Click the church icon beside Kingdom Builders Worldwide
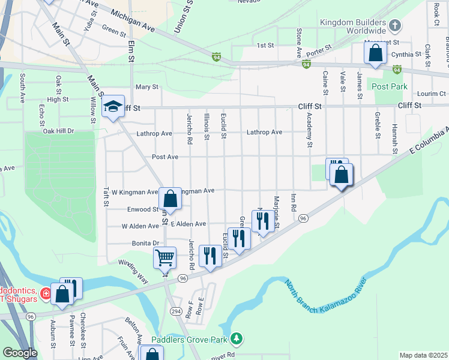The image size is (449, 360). pyautogui.click(x=394, y=26)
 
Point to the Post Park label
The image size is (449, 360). pyautogui.click(x=390, y=86)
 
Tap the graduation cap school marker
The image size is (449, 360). pyautogui.click(x=112, y=107)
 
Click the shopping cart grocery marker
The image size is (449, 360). pyautogui.click(x=164, y=258)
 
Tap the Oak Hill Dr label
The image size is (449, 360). pyautogui.click(x=58, y=131)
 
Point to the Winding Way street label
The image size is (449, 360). pyautogui.click(x=133, y=272)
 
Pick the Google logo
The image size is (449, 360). pyautogui.click(x=20, y=353)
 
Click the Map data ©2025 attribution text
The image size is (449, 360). pyautogui.click(x=423, y=355)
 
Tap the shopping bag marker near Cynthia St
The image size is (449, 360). pyautogui.click(x=375, y=52)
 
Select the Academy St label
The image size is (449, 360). pyautogui.click(x=310, y=130)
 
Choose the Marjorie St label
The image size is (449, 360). pyautogui.click(x=277, y=212)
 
